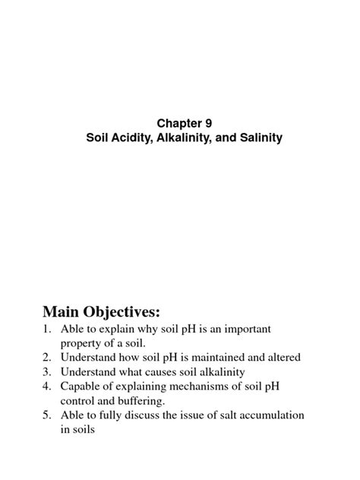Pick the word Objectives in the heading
tap(129, 312)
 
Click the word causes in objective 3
tap(169, 372)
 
